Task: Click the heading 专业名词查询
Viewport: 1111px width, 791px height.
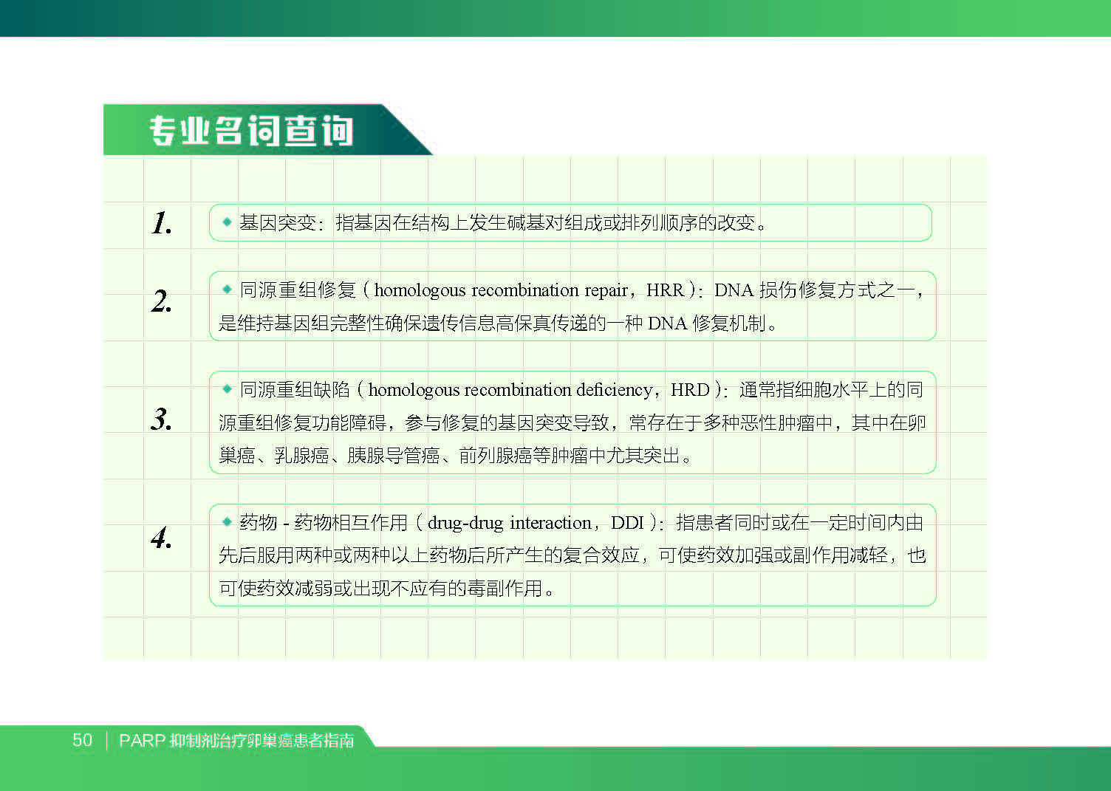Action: [251, 131]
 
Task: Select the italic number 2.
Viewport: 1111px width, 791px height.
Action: [162, 301]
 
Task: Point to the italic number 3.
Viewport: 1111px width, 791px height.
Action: [162, 419]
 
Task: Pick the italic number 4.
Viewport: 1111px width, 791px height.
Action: [162, 538]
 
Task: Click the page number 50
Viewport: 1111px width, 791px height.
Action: [82, 740]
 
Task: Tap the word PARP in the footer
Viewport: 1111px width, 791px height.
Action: [142, 741]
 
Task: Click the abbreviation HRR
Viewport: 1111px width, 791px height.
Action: [665, 290]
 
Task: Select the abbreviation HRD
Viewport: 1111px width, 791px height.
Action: [690, 390]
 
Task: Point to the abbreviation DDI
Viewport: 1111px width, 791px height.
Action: [627, 523]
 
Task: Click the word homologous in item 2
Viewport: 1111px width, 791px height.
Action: [420, 290]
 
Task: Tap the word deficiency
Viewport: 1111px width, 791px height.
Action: [614, 390]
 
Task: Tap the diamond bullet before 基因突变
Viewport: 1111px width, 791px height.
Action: [228, 222]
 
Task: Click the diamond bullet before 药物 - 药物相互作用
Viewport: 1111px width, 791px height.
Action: [228, 521]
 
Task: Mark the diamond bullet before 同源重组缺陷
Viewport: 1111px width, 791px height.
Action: [228, 388]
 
